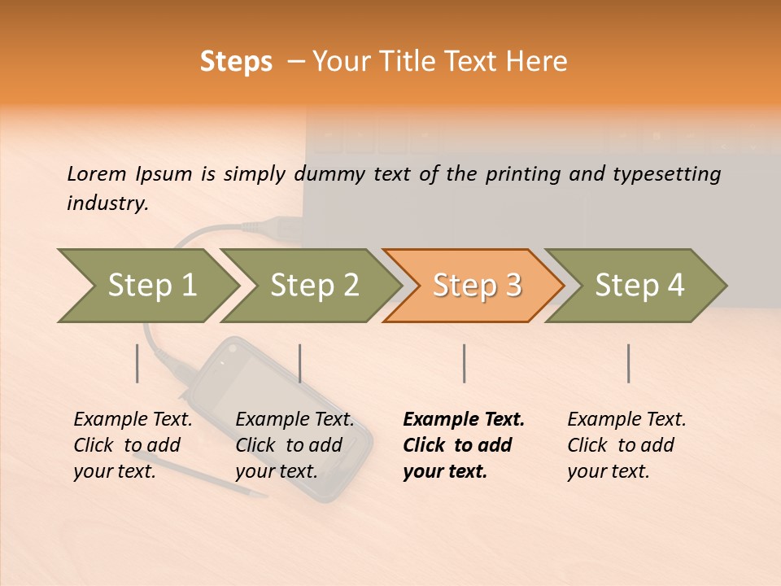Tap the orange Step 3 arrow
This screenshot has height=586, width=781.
tap(477, 286)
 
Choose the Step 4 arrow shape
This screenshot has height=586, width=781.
tap(639, 286)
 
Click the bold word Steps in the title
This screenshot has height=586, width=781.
tap(236, 61)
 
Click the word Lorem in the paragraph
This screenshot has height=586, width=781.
tap(95, 173)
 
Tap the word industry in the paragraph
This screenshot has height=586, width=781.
tap(107, 203)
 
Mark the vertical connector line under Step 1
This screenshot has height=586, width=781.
tap(137, 363)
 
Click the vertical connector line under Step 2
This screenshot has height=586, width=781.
tap(300, 363)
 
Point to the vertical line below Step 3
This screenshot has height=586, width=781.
tap(464, 363)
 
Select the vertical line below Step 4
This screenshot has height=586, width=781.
tap(628, 363)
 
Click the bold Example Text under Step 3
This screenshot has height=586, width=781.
tap(464, 420)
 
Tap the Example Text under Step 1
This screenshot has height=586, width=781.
tap(133, 420)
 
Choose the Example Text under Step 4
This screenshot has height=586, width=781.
tap(626, 420)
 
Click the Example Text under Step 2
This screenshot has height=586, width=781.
tap(295, 420)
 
